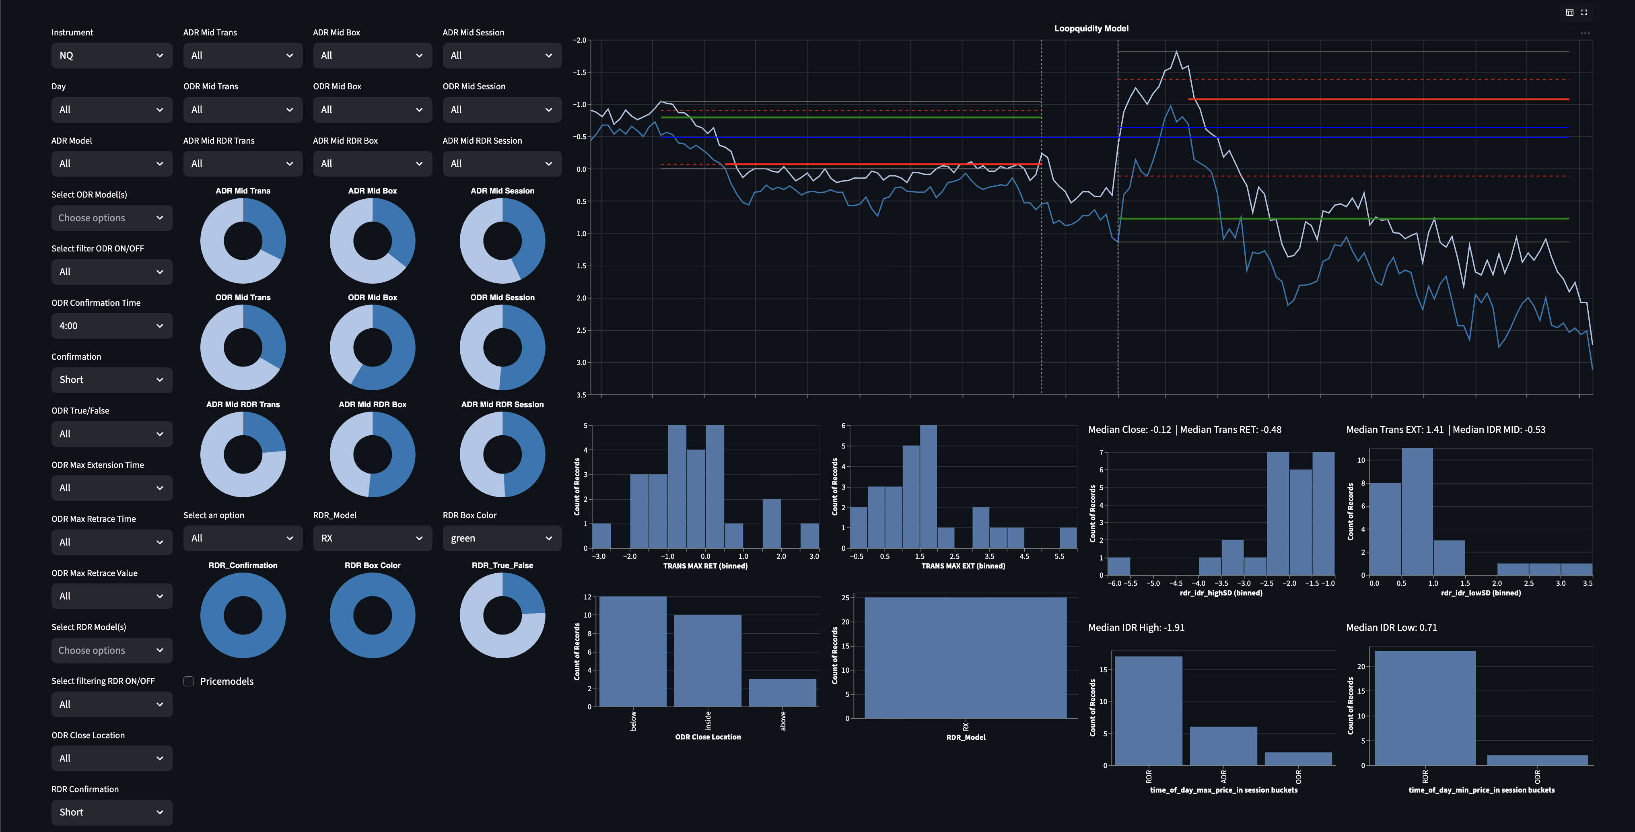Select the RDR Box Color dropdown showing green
(x=501, y=538)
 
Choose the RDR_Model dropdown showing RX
(x=372, y=538)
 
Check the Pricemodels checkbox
(x=189, y=681)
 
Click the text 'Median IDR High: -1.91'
(x=1136, y=628)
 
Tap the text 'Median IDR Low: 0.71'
(x=1391, y=628)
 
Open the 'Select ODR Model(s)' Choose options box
(x=111, y=218)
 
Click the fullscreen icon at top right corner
(x=1584, y=12)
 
